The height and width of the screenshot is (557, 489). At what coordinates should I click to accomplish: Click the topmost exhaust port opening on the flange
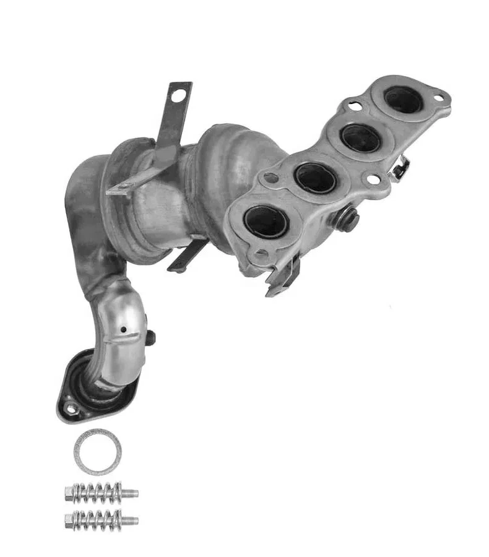[403, 100]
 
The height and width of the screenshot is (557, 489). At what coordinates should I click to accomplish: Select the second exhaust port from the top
[360, 139]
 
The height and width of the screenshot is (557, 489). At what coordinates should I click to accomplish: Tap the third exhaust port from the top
[315, 178]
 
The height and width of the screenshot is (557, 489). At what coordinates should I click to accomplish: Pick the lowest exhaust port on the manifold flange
[266, 221]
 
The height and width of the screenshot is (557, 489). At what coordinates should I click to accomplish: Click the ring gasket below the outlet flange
[97, 452]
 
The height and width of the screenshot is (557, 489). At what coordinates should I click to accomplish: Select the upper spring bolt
[101, 493]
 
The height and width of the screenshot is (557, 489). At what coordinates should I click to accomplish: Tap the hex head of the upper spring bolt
[70, 494]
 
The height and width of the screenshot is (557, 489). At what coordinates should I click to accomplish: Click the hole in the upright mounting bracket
[178, 96]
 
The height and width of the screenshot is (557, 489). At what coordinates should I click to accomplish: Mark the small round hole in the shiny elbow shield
[124, 329]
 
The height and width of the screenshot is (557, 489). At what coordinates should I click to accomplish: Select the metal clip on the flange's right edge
[400, 167]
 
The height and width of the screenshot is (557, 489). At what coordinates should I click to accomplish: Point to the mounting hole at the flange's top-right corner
[438, 98]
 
